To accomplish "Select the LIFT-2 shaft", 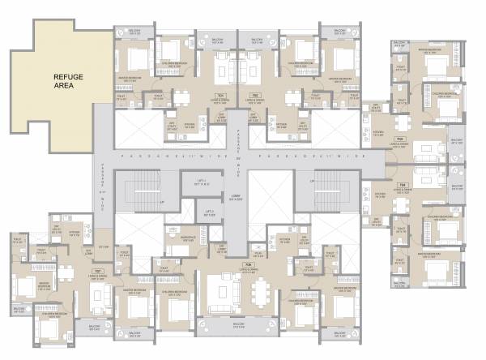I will click(209, 213).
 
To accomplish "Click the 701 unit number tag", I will click(220, 96).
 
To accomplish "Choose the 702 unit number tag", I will click(254, 96).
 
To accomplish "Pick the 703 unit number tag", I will click(399, 139).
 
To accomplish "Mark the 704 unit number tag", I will click(402, 185).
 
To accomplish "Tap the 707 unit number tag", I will click(97, 271).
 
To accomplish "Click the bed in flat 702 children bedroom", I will click(303, 54).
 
